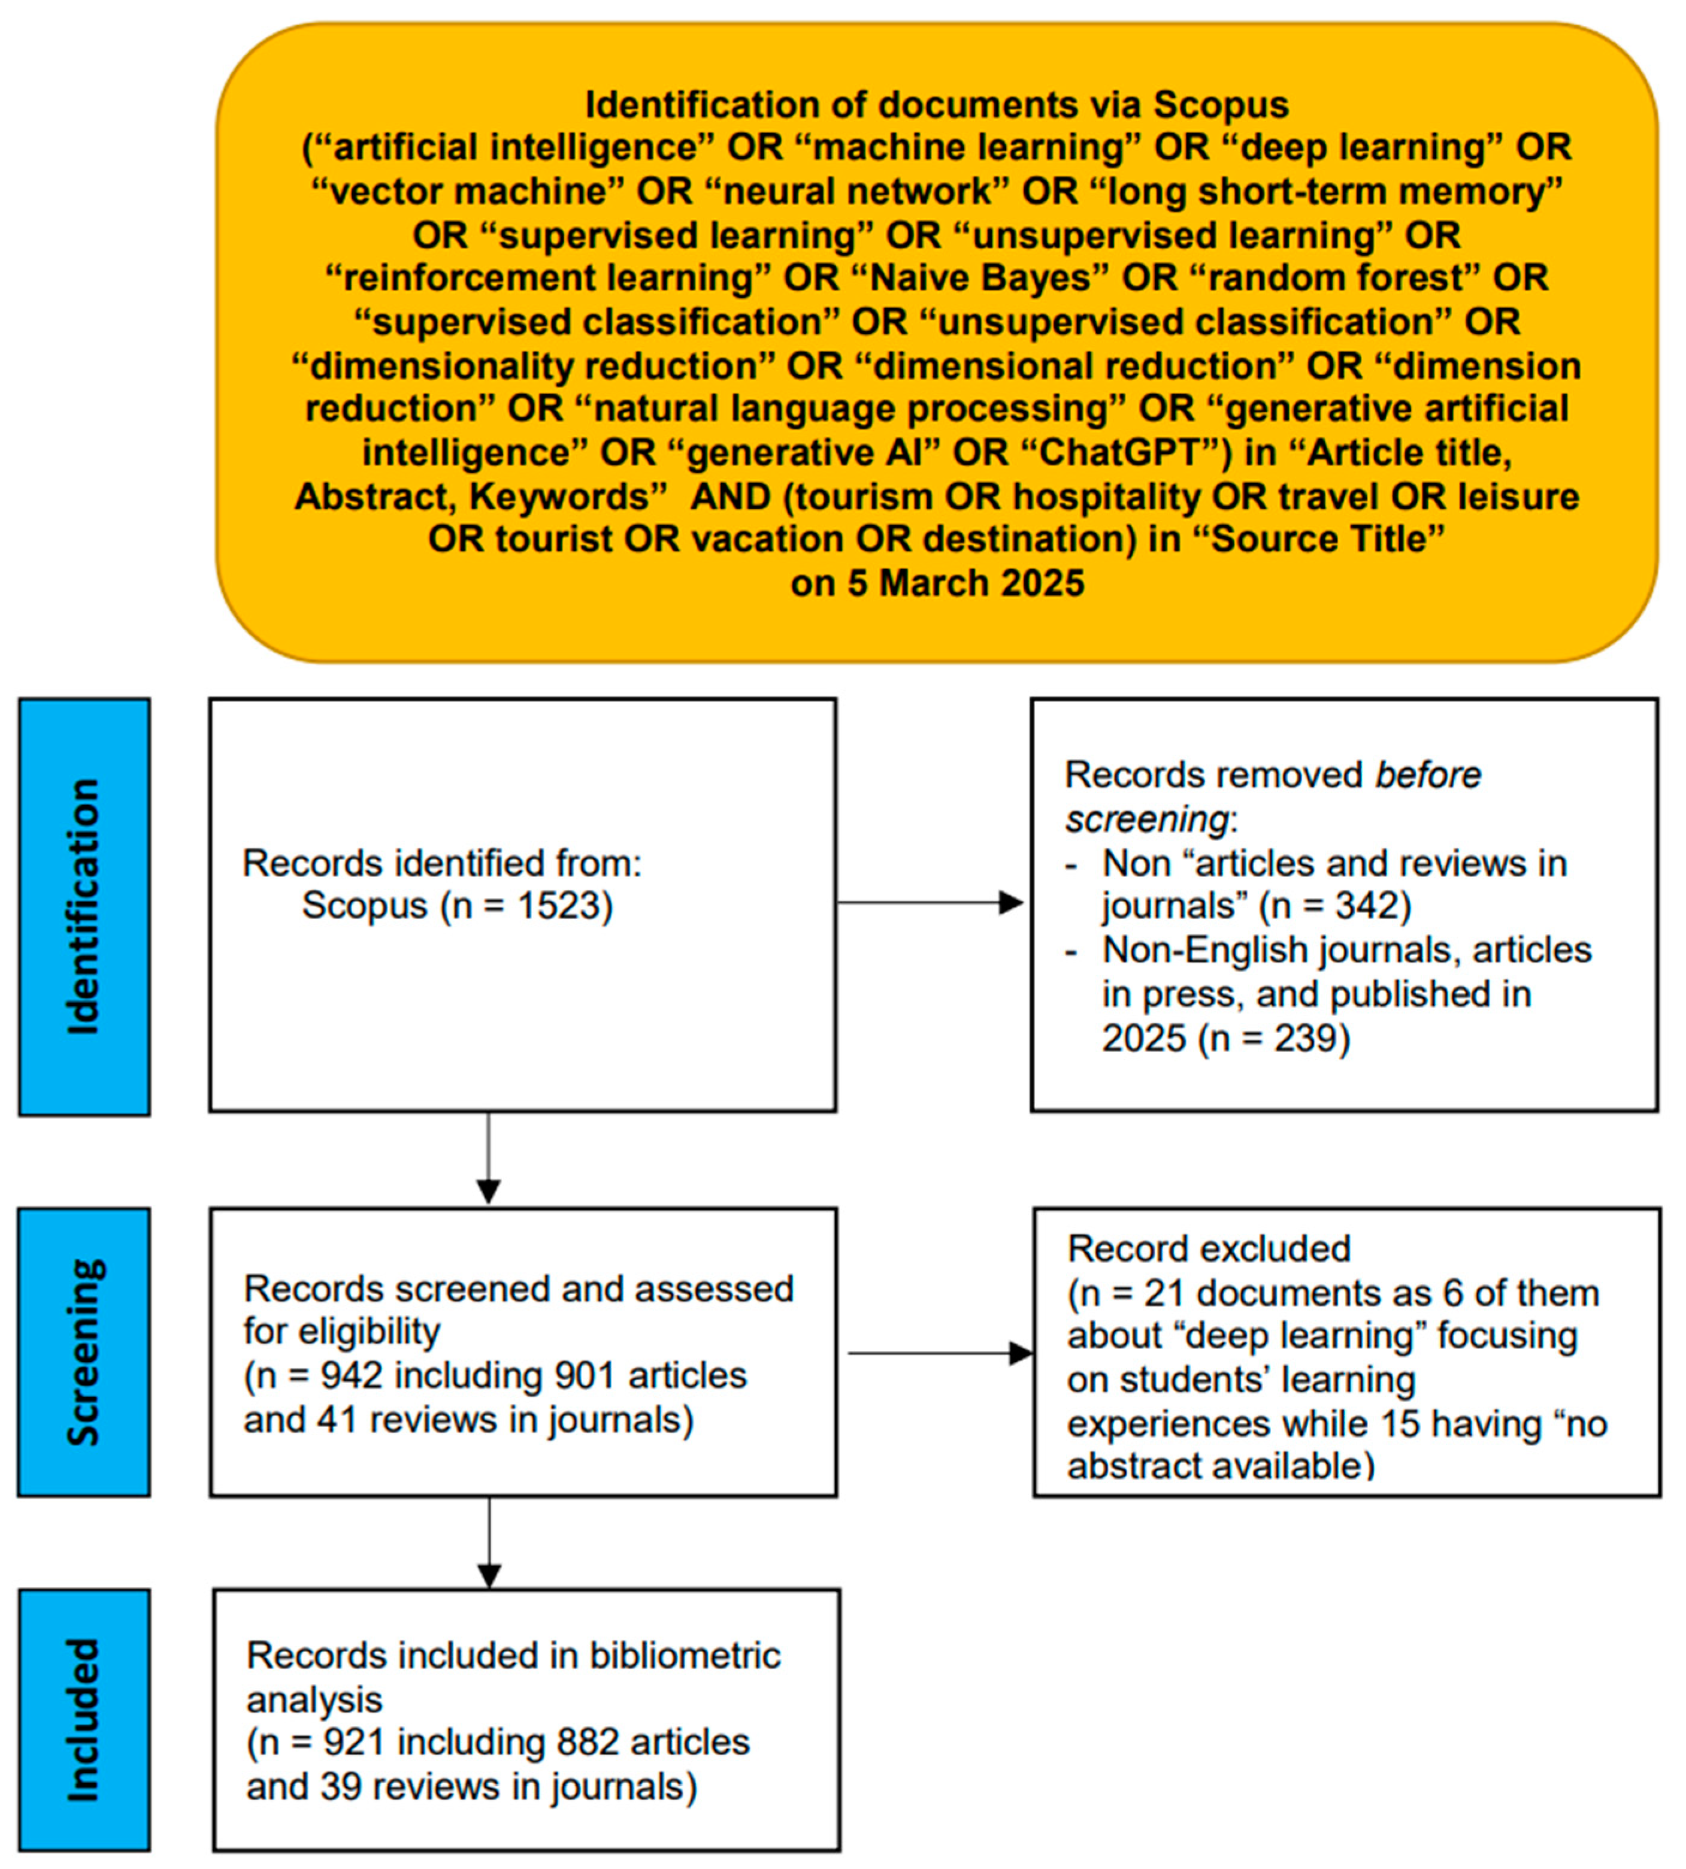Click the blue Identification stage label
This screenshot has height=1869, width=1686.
tap(83, 906)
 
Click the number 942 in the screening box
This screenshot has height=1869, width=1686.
tap(352, 1376)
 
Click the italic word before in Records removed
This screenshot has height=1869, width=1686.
tap(1427, 775)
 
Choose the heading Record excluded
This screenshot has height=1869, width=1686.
tap(1209, 1249)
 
